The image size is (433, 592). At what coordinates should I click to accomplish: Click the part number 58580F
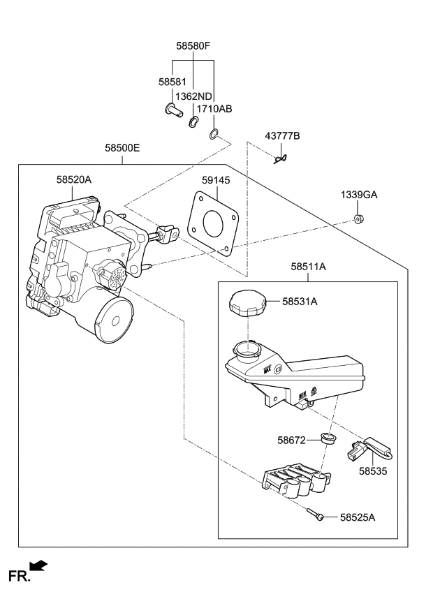pos(193,46)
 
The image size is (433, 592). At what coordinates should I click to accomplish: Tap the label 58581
pos(172,82)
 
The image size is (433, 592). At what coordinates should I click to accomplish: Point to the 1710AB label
pos(214,109)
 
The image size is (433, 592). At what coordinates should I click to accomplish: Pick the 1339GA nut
pos(358,220)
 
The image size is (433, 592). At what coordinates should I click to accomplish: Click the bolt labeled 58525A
pos(316,515)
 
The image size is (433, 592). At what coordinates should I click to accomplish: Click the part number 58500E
pos(122,148)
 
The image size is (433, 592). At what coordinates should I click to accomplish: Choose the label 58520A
pos(74,179)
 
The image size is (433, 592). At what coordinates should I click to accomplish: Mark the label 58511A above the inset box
pos(309,266)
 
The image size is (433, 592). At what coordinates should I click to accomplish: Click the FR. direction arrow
pos(39,565)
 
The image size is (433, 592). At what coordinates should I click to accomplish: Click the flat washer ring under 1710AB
pos(214,133)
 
